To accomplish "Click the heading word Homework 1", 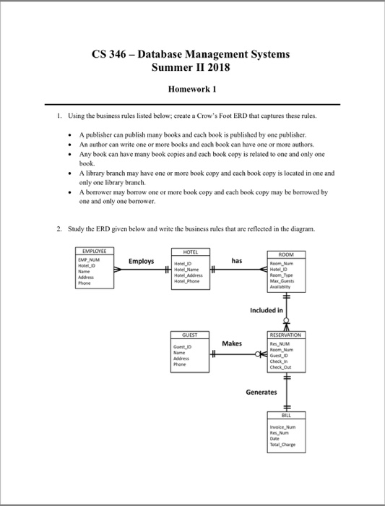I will tap(192, 90).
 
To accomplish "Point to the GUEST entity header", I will tap(191, 335).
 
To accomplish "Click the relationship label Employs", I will tap(141, 262).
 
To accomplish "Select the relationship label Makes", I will tap(233, 342).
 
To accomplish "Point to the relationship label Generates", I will tap(261, 392).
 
